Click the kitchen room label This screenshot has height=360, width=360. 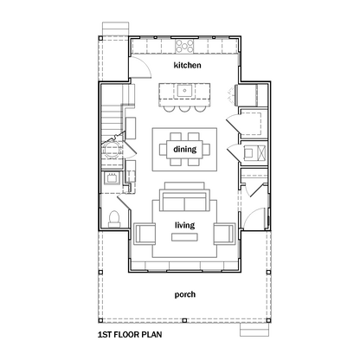point(187,65)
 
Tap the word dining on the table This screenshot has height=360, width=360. point(185,149)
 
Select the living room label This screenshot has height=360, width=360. point(184,225)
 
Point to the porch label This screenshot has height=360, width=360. point(185,294)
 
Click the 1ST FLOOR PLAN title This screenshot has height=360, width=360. point(130,335)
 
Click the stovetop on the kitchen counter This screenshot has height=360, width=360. point(184,46)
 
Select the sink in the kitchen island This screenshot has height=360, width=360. point(184,91)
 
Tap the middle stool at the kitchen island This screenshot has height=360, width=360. point(184,108)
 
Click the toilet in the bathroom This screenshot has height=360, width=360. point(114,219)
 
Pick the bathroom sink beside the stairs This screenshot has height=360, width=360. point(112,178)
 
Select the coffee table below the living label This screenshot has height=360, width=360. point(184,237)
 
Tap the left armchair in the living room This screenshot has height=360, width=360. point(145,234)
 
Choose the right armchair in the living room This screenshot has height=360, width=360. point(224,234)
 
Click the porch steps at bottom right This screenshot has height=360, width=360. point(254,330)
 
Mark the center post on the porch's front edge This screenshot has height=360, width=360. point(184,320)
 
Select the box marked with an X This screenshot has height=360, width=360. point(261,153)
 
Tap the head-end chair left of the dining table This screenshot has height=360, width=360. point(163,149)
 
